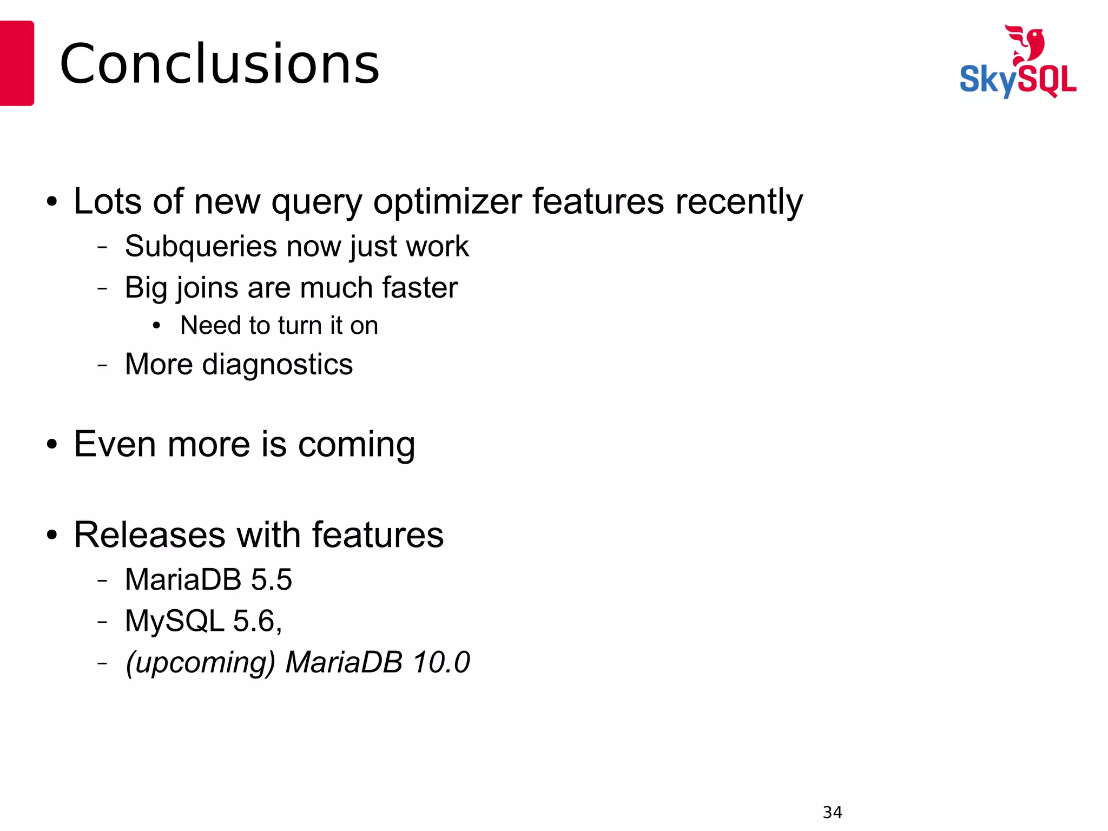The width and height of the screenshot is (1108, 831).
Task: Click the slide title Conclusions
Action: tap(219, 64)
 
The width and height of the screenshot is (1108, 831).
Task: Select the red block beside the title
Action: tap(16, 63)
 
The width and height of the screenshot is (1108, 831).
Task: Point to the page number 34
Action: tap(832, 812)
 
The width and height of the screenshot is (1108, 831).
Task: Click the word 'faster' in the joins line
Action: tap(419, 287)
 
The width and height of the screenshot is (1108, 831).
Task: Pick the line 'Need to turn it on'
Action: tap(279, 326)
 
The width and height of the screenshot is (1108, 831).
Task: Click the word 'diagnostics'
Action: tap(277, 364)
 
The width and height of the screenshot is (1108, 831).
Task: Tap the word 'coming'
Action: tap(356, 444)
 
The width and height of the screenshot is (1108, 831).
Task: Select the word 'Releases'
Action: tap(149, 535)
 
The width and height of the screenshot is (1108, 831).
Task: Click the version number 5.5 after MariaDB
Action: tap(272, 579)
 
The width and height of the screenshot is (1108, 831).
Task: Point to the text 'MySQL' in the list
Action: tap(174, 621)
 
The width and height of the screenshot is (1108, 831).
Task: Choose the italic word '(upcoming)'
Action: tap(200, 662)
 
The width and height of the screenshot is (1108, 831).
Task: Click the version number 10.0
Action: tap(441, 662)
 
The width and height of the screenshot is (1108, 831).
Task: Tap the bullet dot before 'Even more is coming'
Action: tap(51, 444)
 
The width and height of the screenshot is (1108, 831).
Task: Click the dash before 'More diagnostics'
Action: tap(102, 365)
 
